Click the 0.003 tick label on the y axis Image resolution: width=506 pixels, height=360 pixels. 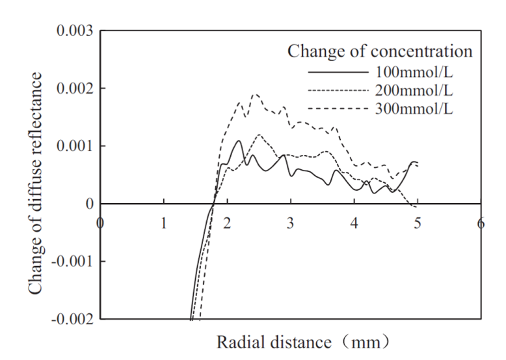click(73, 31)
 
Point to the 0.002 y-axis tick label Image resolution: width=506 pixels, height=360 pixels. click(73, 89)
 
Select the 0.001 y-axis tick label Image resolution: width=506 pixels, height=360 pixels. click(73, 146)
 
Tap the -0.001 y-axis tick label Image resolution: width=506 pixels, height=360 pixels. click(70, 262)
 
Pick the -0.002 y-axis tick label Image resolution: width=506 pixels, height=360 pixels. click(70, 319)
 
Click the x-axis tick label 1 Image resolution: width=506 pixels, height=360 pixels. click(164, 223)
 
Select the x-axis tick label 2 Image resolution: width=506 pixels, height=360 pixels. click(227, 223)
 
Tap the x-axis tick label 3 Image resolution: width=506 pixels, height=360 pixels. click(291, 223)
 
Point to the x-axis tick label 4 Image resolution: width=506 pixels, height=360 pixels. click(354, 223)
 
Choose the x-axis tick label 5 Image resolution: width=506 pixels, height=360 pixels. click(418, 223)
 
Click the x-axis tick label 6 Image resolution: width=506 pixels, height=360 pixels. click(481, 223)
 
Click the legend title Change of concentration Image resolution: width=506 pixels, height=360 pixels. click(379, 50)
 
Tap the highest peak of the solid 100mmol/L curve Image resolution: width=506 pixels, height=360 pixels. click(239, 141)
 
